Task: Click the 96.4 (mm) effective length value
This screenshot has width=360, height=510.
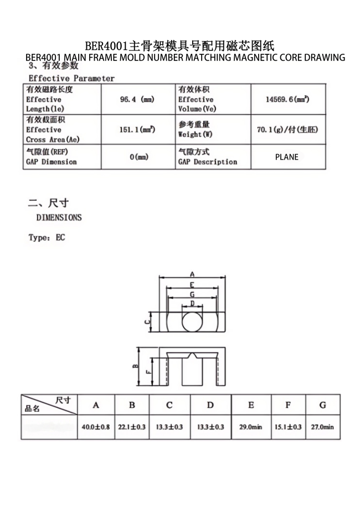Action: tap(137, 100)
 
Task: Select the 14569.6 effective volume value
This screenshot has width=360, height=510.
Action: tap(287, 100)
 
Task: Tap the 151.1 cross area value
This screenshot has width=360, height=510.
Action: tap(137, 130)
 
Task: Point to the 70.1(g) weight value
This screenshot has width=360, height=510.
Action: tap(287, 130)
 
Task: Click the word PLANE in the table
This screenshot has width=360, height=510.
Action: tap(287, 157)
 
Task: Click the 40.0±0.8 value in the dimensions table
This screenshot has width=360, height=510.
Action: tap(96, 427)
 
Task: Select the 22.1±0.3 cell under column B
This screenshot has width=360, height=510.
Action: tap(132, 427)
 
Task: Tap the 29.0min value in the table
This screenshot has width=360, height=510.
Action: tap(251, 427)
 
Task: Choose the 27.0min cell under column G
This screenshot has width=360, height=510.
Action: tap(322, 427)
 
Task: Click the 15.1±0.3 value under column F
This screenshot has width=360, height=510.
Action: tap(287, 427)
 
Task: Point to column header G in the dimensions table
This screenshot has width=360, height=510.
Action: tap(322, 405)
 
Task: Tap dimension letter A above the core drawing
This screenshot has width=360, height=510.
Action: tap(192, 274)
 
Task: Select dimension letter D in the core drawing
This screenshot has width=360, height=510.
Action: tap(192, 303)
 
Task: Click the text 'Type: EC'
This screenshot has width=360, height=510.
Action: tap(47, 238)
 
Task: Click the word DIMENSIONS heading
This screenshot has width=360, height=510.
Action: tap(59, 217)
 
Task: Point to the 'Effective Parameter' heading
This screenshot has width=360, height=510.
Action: tap(71, 79)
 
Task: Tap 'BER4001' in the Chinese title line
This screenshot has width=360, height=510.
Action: tap(106, 45)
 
